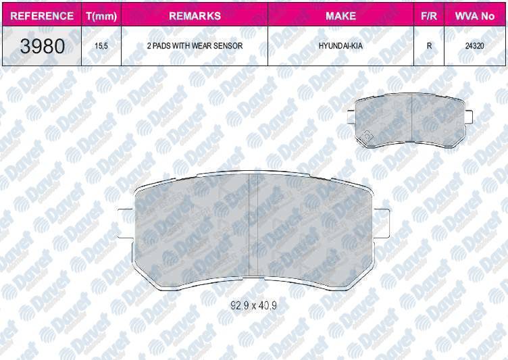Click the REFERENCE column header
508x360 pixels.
pos(43,15)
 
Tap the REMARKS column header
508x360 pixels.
pos(194,15)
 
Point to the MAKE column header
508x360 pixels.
pos(340,15)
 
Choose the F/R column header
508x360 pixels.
pos(428,15)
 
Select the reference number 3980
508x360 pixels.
pos(43,47)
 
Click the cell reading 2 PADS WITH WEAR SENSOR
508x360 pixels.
pos(194,47)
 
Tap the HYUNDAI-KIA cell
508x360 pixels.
pos(340,47)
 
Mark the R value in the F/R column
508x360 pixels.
pos(428,47)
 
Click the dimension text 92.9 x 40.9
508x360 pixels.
pos(253,305)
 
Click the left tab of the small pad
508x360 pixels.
pos(350,118)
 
